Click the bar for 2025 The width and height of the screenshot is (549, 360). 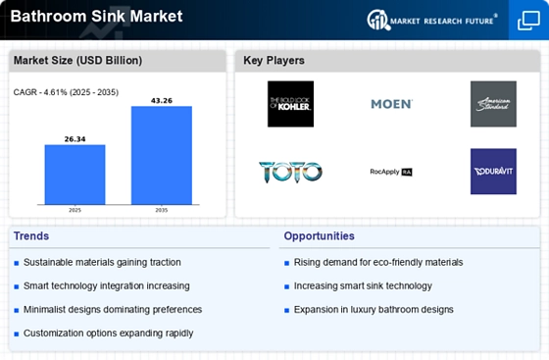75,175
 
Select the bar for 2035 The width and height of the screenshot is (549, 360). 162,155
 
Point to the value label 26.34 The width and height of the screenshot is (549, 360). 75,139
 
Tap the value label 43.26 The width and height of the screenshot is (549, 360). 162,100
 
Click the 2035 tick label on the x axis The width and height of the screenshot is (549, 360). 162,210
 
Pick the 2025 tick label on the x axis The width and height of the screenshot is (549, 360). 75,210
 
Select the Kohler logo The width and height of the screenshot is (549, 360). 290,104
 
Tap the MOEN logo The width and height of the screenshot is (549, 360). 391,104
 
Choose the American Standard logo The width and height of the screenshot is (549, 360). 492,104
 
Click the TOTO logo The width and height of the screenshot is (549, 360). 290,172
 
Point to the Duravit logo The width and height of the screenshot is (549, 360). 492,172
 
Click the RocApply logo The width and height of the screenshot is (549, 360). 391,172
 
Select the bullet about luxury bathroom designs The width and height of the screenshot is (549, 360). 374,309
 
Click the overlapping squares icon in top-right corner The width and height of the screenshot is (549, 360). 526,21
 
